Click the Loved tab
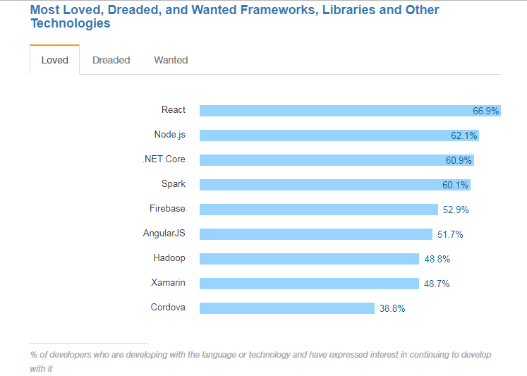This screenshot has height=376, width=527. pos(54,60)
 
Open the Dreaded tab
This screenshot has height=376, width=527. pos(111,60)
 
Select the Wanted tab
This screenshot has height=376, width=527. pos(171,60)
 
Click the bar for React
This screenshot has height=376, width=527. pos(332,111)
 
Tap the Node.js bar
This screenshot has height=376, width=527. pos(317,135)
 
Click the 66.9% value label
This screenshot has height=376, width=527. pos(486,111)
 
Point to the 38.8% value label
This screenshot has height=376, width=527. pos(392,308)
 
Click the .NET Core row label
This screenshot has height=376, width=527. pos(164,159)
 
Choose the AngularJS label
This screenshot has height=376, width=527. pos(164,233)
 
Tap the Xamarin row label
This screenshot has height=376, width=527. pos(168,282)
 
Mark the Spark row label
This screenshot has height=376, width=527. pos(173,183)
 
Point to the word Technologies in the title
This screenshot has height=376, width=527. pos(71,23)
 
